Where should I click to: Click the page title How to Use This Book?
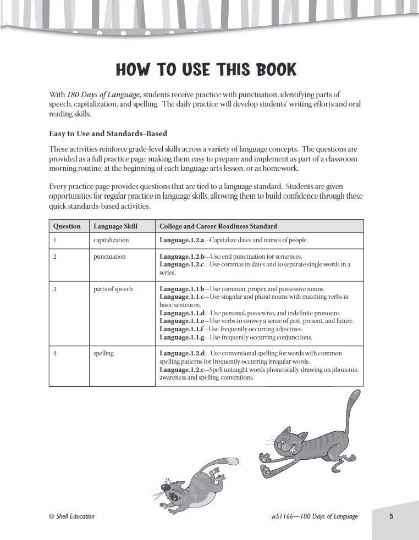tap(206, 70)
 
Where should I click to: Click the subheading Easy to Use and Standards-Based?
tap(108, 133)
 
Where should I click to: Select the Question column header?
tap(67, 226)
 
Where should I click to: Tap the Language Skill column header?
tap(115, 226)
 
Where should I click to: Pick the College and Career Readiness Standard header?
tap(218, 226)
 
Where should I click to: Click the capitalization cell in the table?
tap(111, 240)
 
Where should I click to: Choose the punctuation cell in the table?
tap(109, 257)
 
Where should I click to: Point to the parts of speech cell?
tap(113, 289)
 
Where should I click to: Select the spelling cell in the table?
tap(103, 353)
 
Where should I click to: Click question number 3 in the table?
tap(55, 289)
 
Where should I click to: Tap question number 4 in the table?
tap(55, 353)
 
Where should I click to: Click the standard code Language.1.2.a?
tap(181, 240)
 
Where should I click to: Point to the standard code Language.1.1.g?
tap(181, 337)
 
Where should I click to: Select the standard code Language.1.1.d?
tap(181, 313)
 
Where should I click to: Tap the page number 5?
tap(391, 516)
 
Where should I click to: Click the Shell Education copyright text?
tap(71, 516)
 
